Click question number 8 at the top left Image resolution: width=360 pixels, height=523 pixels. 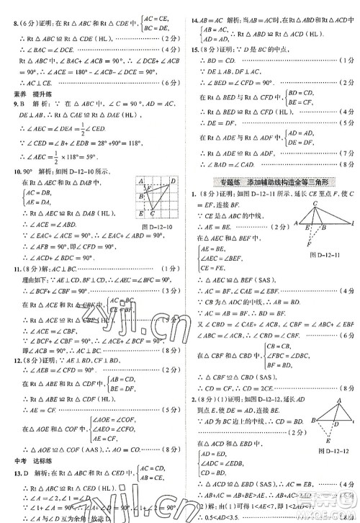pyautogui.click(x=8, y=5)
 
